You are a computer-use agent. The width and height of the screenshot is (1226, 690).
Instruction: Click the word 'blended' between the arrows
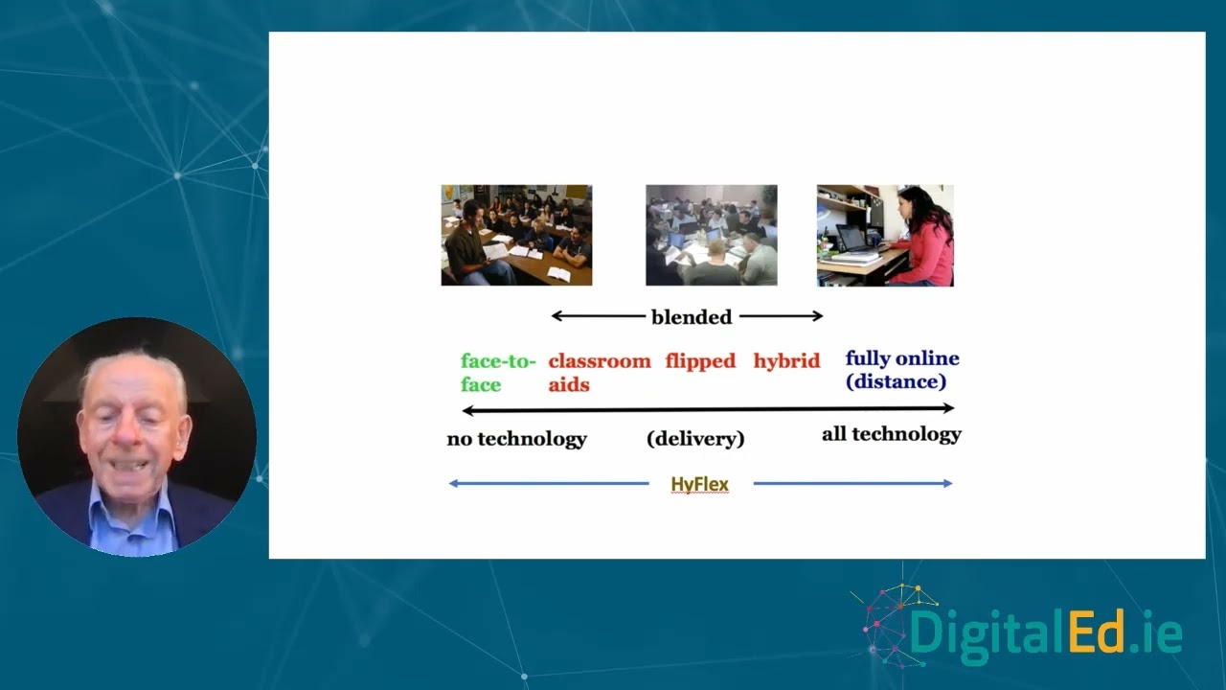pos(691,317)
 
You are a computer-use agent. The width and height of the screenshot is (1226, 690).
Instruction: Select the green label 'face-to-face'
pos(496,373)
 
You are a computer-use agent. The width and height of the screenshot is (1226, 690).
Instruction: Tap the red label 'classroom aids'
pos(599,373)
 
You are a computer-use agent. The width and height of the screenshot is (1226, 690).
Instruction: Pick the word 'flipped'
pos(700,361)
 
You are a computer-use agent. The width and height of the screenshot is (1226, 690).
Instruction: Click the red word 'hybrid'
pos(786,361)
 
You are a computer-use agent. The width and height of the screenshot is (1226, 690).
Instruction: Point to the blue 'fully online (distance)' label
pos(901,370)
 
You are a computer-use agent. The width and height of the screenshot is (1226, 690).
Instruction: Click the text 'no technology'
pos(516,439)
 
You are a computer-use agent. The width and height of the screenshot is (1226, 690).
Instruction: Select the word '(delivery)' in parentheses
pos(695,439)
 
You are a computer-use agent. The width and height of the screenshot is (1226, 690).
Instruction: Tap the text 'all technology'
pos(891,434)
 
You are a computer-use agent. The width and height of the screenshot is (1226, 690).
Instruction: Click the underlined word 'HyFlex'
pos(699,484)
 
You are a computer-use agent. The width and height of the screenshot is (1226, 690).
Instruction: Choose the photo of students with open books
pos(516,235)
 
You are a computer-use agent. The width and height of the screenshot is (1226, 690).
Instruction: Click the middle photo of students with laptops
pos(711,235)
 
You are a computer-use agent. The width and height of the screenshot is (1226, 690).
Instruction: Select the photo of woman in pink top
pos(885,235)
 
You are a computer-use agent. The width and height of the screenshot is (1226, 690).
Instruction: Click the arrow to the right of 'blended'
pos(781,316)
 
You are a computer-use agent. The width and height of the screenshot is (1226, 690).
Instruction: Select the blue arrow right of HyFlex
pos(852,484)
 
